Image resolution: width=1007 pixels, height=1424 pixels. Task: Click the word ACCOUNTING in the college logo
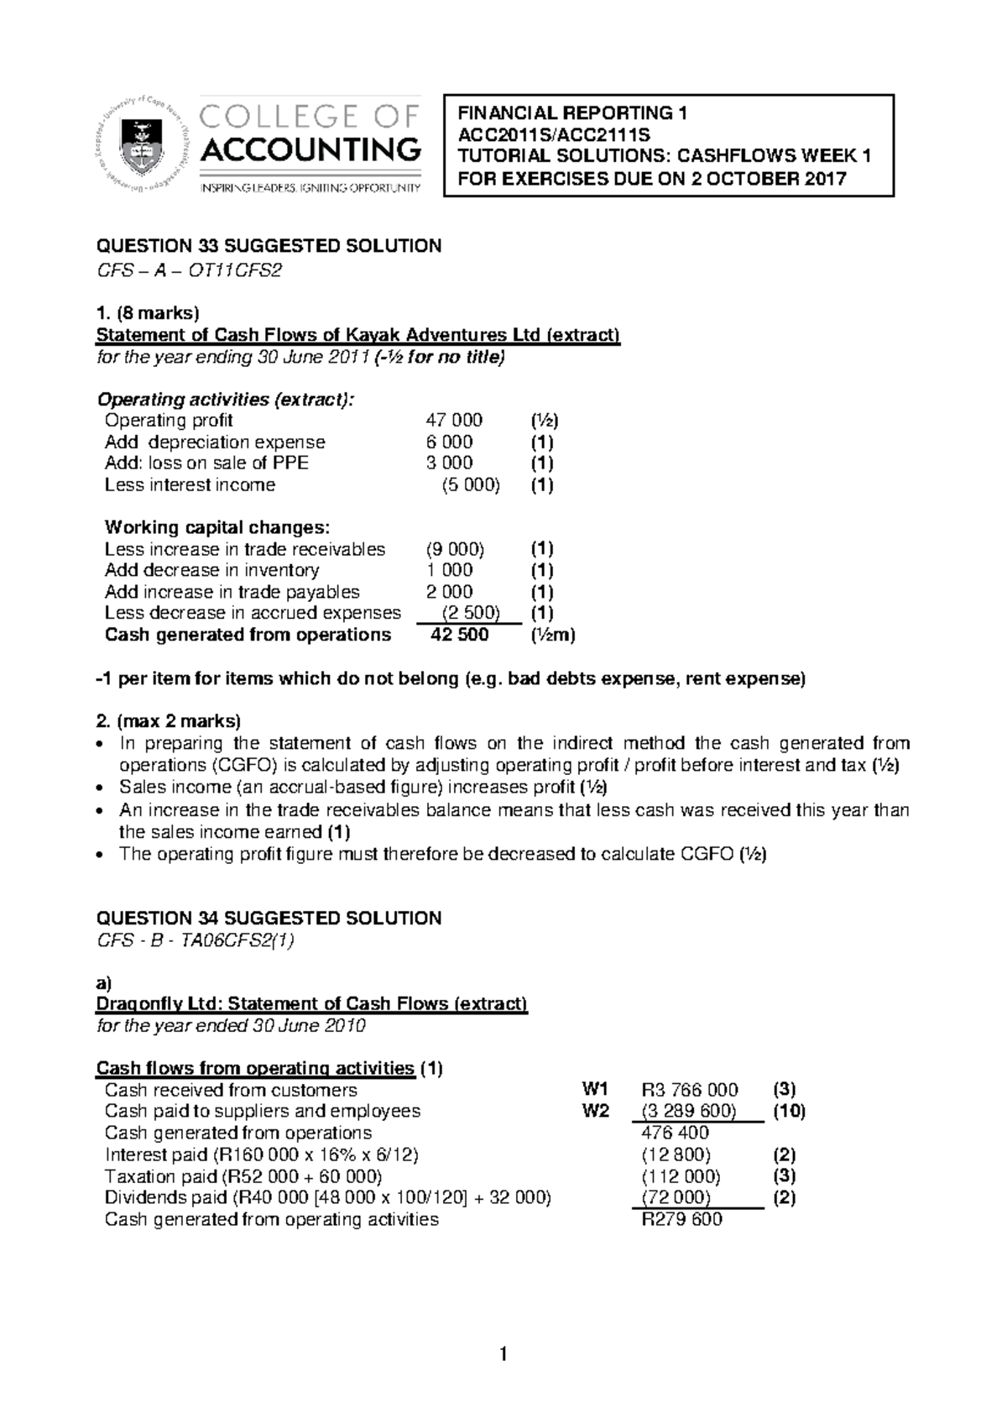point(310,151)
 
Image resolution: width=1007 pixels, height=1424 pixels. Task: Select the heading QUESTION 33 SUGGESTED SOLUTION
point(269,246)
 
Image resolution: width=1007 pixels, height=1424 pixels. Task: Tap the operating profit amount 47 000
point(454,421)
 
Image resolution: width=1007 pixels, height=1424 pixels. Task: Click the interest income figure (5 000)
point(470,485)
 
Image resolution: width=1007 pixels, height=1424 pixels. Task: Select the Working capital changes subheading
point(217,528)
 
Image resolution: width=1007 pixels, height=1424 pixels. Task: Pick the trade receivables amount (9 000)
point(455,549)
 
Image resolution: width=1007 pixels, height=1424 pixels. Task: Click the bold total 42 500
point(459,635)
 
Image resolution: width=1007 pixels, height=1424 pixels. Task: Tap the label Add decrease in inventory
point(211,571)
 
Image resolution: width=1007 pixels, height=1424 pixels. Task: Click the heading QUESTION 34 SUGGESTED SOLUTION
point(269,919)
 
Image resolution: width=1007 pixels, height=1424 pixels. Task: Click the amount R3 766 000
point(689,1090)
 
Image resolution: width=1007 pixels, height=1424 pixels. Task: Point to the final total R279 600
point(681,1220)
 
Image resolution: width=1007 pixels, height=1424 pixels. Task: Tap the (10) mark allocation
point(789,1112)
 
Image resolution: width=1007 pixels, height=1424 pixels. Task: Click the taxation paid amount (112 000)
point(680,1176)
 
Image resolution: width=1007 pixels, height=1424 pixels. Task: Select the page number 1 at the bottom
point(503,1353)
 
